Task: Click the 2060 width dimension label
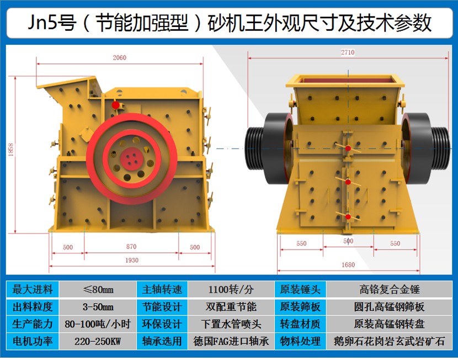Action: pos(119,57)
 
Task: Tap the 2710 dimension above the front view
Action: pos(348,52)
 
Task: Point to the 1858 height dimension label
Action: pos(11,149)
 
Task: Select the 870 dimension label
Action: pos(131,247)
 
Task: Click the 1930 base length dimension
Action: pos(132,260)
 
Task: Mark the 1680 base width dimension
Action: pos(348,264)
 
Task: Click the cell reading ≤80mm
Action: pos(98,289)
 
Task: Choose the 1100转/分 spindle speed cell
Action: pos(231,289)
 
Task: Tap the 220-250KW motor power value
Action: pos(98,341)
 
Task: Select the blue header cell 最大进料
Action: pos(33,289)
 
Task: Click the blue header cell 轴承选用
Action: pos(162,341)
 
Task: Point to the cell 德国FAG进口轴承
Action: pos(231,341)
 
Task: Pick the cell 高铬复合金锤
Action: pos(390,289)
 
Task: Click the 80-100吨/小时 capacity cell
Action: pos(98,324)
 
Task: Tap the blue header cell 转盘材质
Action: pos(300,324)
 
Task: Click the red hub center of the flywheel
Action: pos(132,158)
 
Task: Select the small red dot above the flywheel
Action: pos(116,105)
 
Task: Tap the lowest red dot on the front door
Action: pos(348,217)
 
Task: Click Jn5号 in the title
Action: pos(52,23)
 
